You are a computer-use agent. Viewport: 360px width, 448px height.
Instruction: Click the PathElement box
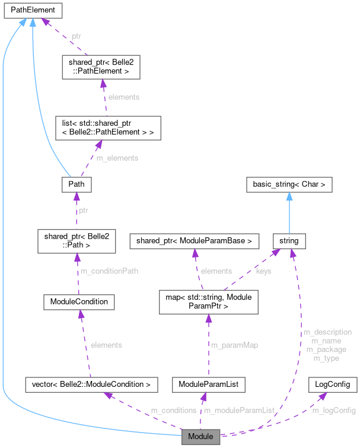[33, 10]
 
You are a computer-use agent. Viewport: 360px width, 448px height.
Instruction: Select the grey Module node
[200, 437]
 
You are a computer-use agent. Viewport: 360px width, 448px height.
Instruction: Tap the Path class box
[76, 185]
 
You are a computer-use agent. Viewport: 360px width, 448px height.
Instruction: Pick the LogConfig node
[333, 384]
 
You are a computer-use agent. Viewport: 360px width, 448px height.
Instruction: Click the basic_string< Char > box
[289, 185]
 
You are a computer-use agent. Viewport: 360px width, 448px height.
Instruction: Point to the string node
[289, 241]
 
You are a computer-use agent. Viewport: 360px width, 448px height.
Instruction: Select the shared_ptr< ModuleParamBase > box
[195, 241]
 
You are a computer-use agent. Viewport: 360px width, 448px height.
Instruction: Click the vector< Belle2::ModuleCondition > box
[91, 385]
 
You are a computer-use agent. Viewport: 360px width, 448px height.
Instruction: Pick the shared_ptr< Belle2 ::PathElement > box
[100, 68]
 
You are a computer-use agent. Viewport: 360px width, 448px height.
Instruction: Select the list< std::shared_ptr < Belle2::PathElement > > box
[104, 127]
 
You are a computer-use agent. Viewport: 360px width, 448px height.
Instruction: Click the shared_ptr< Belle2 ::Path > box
[75, 240]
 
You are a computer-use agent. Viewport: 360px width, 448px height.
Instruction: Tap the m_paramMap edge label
[234, 345]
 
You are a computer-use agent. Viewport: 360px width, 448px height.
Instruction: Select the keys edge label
[263, 271]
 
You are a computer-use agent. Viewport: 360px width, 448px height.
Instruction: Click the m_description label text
[327, 332]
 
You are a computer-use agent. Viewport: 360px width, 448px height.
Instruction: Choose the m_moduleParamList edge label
[239, 410]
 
